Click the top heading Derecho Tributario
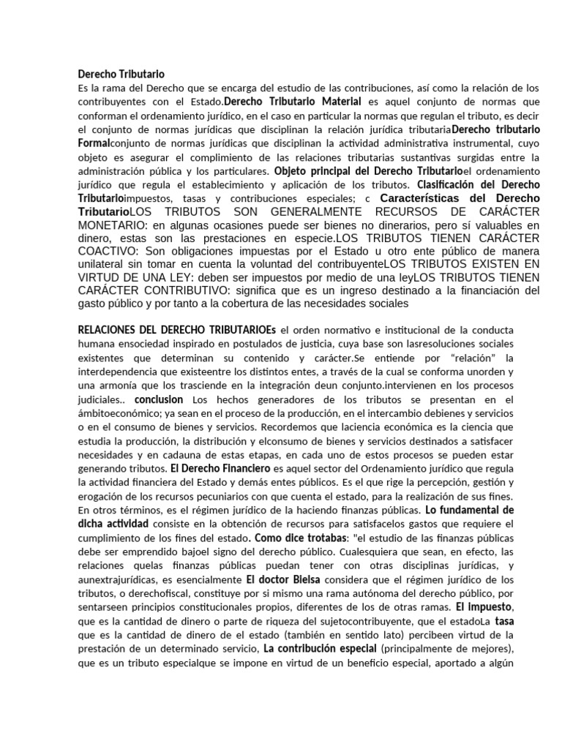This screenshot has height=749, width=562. click(121, 74)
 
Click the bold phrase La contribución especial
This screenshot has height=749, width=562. click(320, 649)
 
